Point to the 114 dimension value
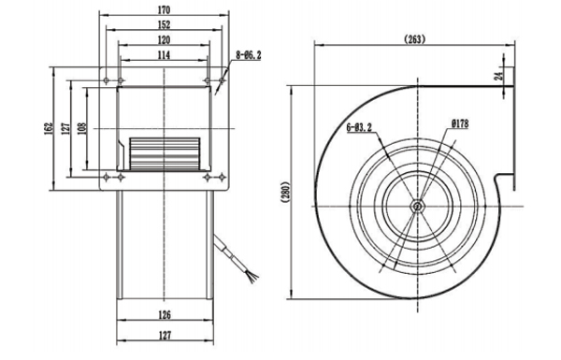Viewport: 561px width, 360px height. [164, 57]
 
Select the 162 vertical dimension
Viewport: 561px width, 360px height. [48, 128]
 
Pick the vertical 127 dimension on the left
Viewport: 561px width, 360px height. [65, 128]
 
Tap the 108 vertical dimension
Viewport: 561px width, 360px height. [82, 127]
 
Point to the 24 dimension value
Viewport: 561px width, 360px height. [499, 75]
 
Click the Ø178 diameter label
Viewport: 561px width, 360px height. [460, 123]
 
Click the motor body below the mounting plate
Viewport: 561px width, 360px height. [164, 252]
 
